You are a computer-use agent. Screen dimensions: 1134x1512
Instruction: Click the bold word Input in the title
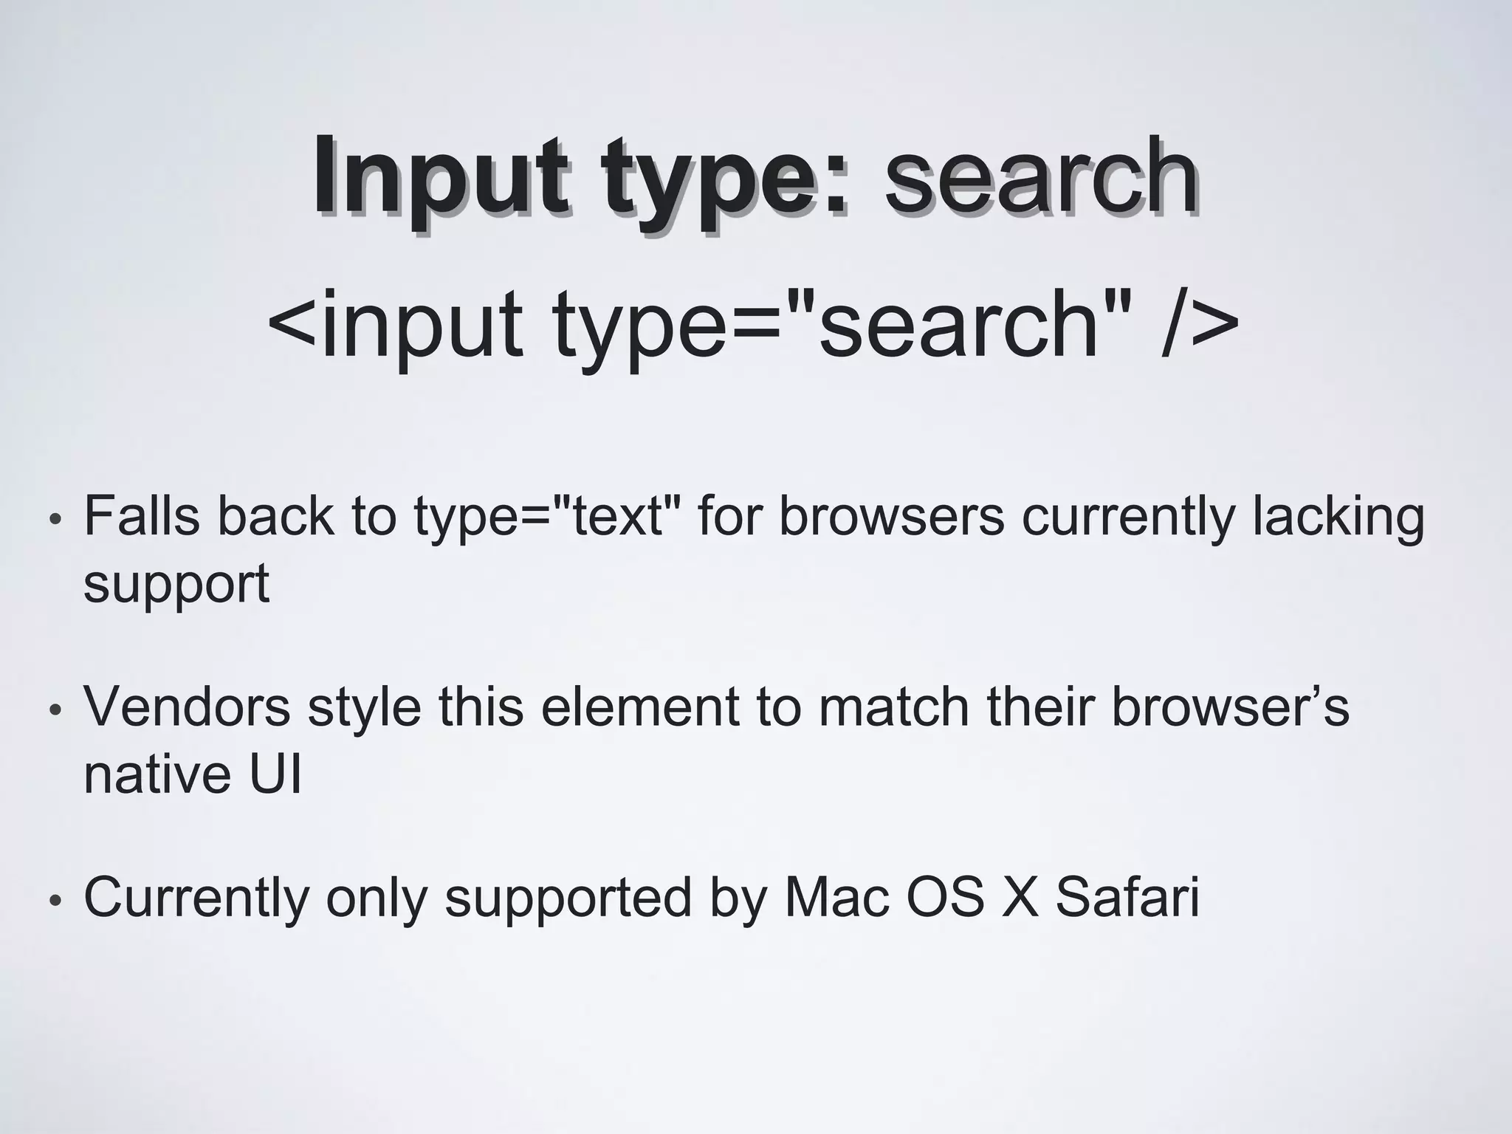coord(441,177)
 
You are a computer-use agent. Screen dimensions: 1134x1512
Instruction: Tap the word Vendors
coord(188,707)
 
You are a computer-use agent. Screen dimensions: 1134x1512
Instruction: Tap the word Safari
coord(1127,898)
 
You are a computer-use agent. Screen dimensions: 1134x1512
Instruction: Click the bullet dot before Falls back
coord(54,520)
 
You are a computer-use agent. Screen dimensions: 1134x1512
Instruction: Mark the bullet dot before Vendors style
coord(54,711)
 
